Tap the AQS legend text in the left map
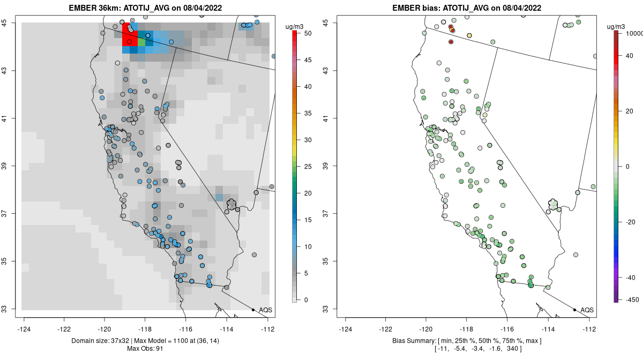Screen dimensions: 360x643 [x=265, y=310]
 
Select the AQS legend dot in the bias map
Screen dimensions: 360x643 [x=574, y=310]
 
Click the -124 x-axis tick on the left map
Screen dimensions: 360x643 [x=24, y=329]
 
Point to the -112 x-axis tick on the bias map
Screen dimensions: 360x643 [x=589, y=329]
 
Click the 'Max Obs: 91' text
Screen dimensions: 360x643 [x=145, y=349]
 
